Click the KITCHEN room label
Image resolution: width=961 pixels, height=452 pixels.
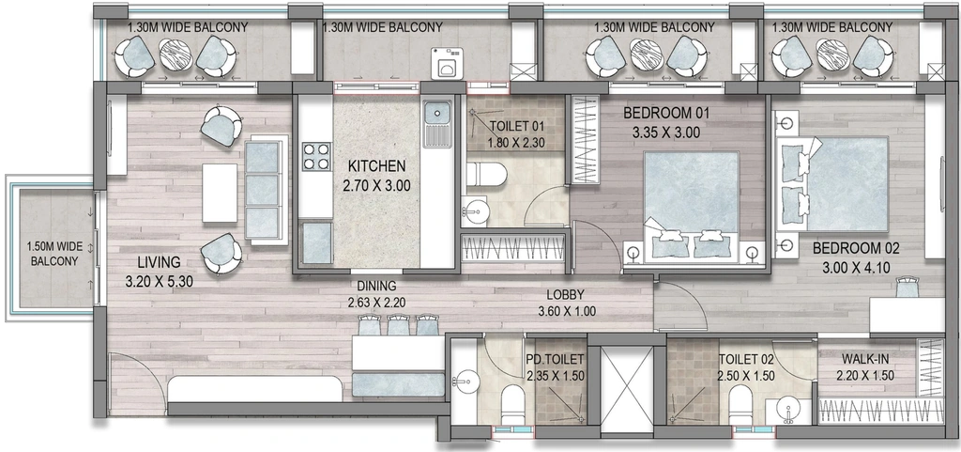[377, 165]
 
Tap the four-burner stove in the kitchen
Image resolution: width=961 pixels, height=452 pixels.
[316, 156]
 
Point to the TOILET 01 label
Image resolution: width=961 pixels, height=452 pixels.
[517, 127]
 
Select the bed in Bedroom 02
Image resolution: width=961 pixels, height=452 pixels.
[833, 184]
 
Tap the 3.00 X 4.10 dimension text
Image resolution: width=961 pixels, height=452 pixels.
[856, 268]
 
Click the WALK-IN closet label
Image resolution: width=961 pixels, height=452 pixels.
[864, 359]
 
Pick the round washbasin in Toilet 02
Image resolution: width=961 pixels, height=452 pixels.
[786, 411]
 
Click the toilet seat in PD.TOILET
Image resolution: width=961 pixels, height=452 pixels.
[511, 405]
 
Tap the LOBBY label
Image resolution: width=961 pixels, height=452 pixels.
[565, 294]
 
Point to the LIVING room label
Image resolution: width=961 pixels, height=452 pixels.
[159, 262]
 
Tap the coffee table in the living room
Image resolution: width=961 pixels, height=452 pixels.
[220, 193]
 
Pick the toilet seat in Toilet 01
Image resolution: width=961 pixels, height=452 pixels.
[486, 174]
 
